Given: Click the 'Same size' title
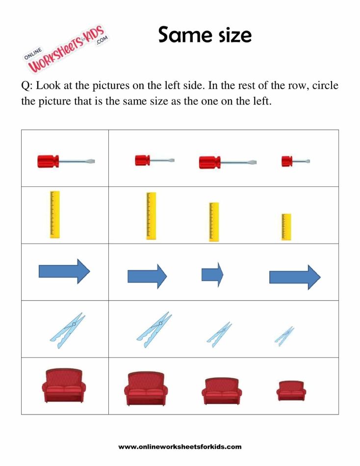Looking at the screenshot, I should pyautogui.click(x=205, y=35).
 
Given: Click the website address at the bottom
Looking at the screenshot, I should pyautogui.click(x=180, y=447).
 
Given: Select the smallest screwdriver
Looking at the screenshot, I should pyautogui.click(x=295, y=160).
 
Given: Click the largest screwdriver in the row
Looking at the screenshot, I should pyautogui.click(x=228, y=162).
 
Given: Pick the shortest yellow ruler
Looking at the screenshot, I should pyautogui.click(x=286, y=227).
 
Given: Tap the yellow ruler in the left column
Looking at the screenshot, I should pyautogui.click(x=55, y=214).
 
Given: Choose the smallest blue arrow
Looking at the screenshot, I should pyautogui.click(x=212, y=274).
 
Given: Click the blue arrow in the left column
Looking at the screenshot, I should pyautogui.click(x=64, y=271).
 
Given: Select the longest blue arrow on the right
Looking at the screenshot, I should pyautogui.click(x=295, y=277).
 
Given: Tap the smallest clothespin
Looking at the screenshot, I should pyautogui.click(x=284, y=336).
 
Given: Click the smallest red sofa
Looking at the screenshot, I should pyautogui.click(x=291, y=390).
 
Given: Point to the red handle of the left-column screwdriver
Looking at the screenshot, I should pyautogui.click(x=48, y=160).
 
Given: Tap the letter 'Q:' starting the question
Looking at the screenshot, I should pyautogui.click(x=26, y=86).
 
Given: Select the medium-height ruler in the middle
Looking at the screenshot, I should pyautogui.click(x=214, y=222).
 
